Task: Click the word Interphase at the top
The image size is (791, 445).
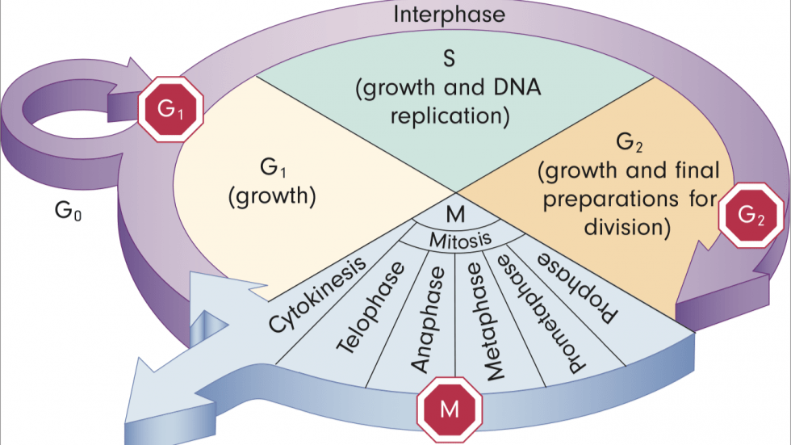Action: point(449,15)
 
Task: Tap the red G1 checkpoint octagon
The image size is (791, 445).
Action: point(170,111)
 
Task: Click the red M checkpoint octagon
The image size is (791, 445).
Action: point(450,409)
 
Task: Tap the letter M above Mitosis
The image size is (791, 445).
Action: point(455,216)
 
